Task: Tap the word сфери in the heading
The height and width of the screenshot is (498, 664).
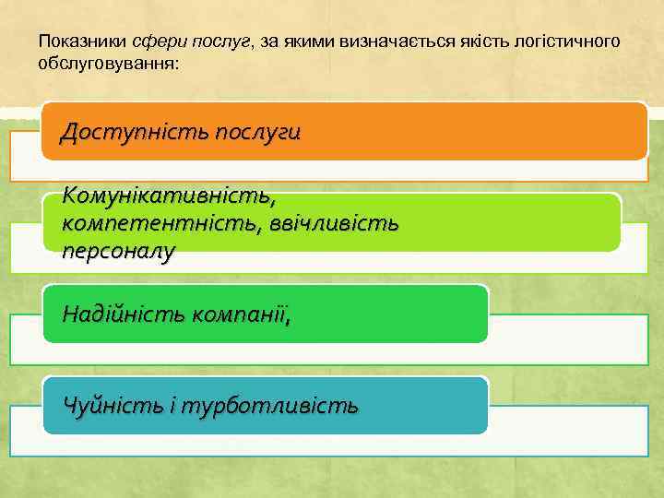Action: tap(151, 42)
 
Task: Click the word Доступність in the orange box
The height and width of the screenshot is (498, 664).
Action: tap(133, 132)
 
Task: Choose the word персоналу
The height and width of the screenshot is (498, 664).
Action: tap(118, 250)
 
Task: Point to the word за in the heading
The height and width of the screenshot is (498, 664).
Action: tap(270, 42)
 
